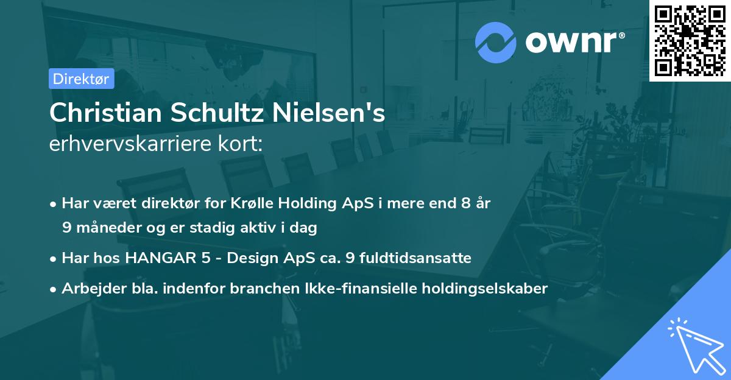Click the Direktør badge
[x=80, y=79]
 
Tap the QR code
[x=690, y=40]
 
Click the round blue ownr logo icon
[x=496, y=42]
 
